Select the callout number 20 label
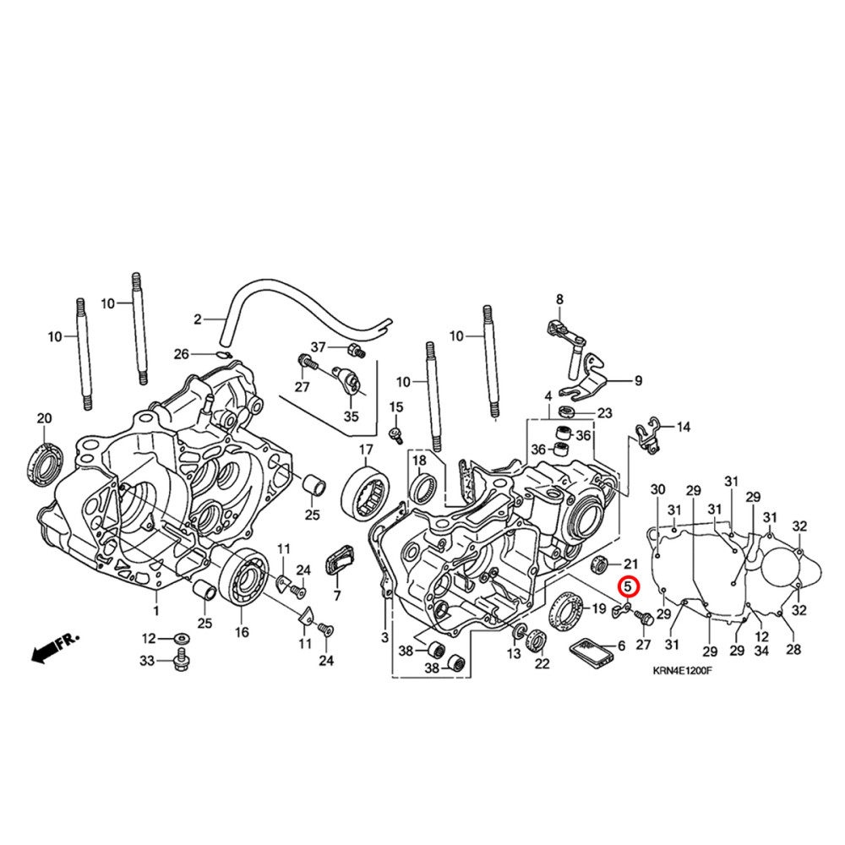[44, 418]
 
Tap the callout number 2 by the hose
[198, 319]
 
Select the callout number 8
[559, 299]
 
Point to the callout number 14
[683, 428]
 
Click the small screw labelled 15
[393, 434]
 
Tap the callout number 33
[148, 661]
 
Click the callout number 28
[793, 649]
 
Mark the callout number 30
[657, 489]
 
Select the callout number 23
[604, 413]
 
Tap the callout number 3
[384, 637]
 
